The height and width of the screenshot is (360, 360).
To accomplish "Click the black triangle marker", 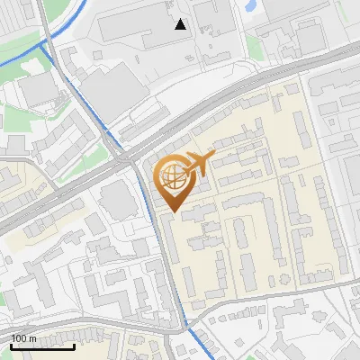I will click(x=181, y=24).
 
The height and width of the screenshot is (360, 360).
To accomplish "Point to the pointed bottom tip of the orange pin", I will click(x=171, y=212).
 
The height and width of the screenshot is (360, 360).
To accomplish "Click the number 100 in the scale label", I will click(x=21, y=338).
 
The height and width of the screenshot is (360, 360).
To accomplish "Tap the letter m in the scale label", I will click(x=33, y=338).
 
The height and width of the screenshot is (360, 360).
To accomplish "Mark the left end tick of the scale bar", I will click(x=11, y=345).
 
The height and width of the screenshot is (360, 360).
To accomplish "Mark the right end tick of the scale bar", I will click(x=75, y=345).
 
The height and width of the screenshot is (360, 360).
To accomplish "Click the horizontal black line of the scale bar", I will click(x=42, y=346).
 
